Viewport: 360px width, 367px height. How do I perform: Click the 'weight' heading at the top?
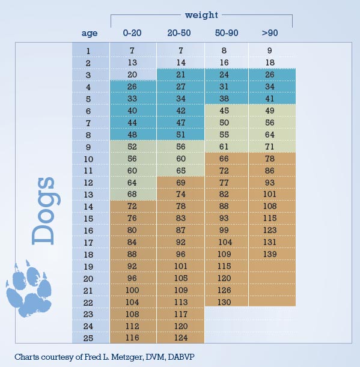pyautogui.click(x=201, y=15)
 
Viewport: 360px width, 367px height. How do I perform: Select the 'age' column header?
pyautogui.click(x=89, y=33)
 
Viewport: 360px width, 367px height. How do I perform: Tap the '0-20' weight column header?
pyautogui.click(x=132, y=33)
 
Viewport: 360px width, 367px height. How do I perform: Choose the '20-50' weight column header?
pyautogui.click(x=179, y=33)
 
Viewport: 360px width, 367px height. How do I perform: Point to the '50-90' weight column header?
pyautogui.click(x=227, y=33)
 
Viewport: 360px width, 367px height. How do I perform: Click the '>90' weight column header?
pyautogui.click(x=270, y=33)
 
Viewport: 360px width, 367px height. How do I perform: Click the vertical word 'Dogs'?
pyautogui.click(x=46, y=211)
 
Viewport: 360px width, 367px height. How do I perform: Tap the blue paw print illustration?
pyautogui.click(x=29, y=288)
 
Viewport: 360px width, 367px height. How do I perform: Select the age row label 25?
pyautogui.click(x=88, y=338)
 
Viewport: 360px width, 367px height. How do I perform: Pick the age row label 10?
pyautogui.click(x=88, y=159)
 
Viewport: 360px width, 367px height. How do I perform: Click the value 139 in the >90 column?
pyautogui.click(x=270, y=254)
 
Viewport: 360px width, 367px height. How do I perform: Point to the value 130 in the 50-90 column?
pyautogui.click(x=224, y=302)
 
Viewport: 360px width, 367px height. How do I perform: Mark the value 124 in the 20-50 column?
pyautogui.click(x=181, y=338)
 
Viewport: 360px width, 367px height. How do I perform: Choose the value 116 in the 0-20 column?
pyautogui.click(x=132, y=338)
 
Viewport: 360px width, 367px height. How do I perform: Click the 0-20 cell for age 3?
pyautogui.click(x=132, y=74)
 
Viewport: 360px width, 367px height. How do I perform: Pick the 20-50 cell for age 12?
pyautogui.click(x=181, y=183)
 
